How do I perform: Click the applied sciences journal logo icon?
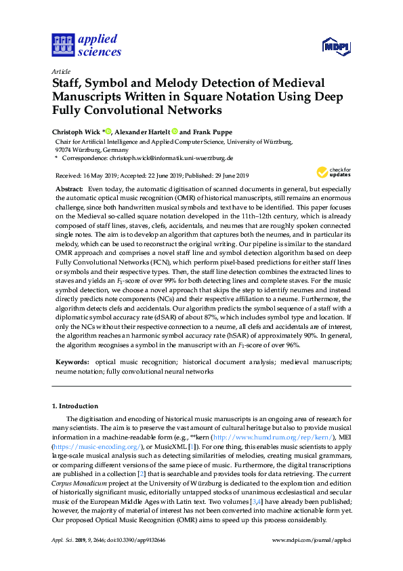[63, 45]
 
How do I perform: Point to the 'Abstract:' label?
[69, 188]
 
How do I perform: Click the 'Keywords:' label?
[71, 363]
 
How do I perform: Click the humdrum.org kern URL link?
[253, 438]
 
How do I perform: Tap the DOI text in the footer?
[137, 540]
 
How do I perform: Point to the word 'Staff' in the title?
[68, 81]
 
